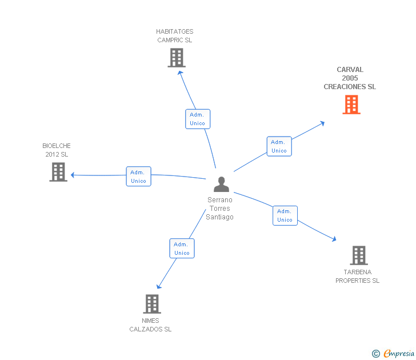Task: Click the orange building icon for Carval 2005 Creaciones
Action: tap(351, 105)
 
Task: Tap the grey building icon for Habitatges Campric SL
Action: tap(177, 58)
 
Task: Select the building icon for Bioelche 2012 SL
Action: tap(58, 172)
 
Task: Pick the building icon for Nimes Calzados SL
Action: tap(152, 304)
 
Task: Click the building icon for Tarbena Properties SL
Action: tap(358, 255)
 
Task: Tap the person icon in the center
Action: tap(221, 184)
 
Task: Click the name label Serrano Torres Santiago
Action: tap(220, 209)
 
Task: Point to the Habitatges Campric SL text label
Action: tap(175, 36)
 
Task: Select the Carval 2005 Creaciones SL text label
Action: tap(350, 78)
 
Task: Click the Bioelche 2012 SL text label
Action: tap(57, 150)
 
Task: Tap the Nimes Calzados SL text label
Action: tap(150, 325)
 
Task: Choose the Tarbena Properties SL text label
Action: tap(357, 277)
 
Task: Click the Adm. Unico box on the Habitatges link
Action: tap(198, 119)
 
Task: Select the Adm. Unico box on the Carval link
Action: tap(279, 146)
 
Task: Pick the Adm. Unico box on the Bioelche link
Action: tap(138, 177)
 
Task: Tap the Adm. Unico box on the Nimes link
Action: tap(182, 249)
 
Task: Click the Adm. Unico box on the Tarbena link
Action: tap(285, 215)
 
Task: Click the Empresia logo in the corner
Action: tap(393, 354)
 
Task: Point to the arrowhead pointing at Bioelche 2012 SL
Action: tap(73, 175)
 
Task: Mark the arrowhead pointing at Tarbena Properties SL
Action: tap(334, 239)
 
